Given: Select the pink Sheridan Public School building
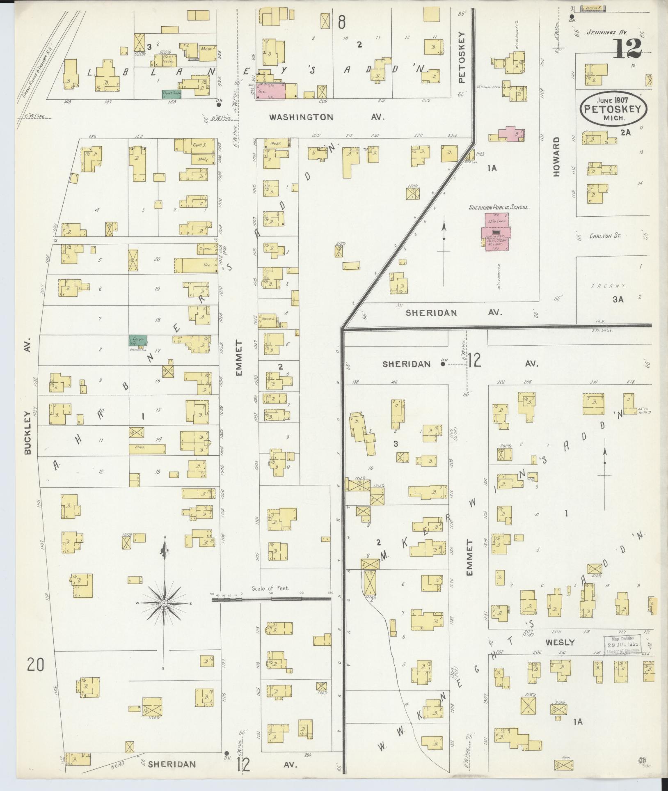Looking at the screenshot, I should click(x=496, y=232).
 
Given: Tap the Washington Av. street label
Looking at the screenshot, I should click(x=327, y=117).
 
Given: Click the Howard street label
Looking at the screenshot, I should click(x=556, y=157).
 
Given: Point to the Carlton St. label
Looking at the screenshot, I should click(x=605, y=236).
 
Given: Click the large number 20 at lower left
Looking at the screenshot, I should click(x=35, y=664).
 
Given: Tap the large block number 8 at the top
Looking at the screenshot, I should click(x=341, y=22).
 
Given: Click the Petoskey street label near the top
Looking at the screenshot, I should click(x=461, y=57).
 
